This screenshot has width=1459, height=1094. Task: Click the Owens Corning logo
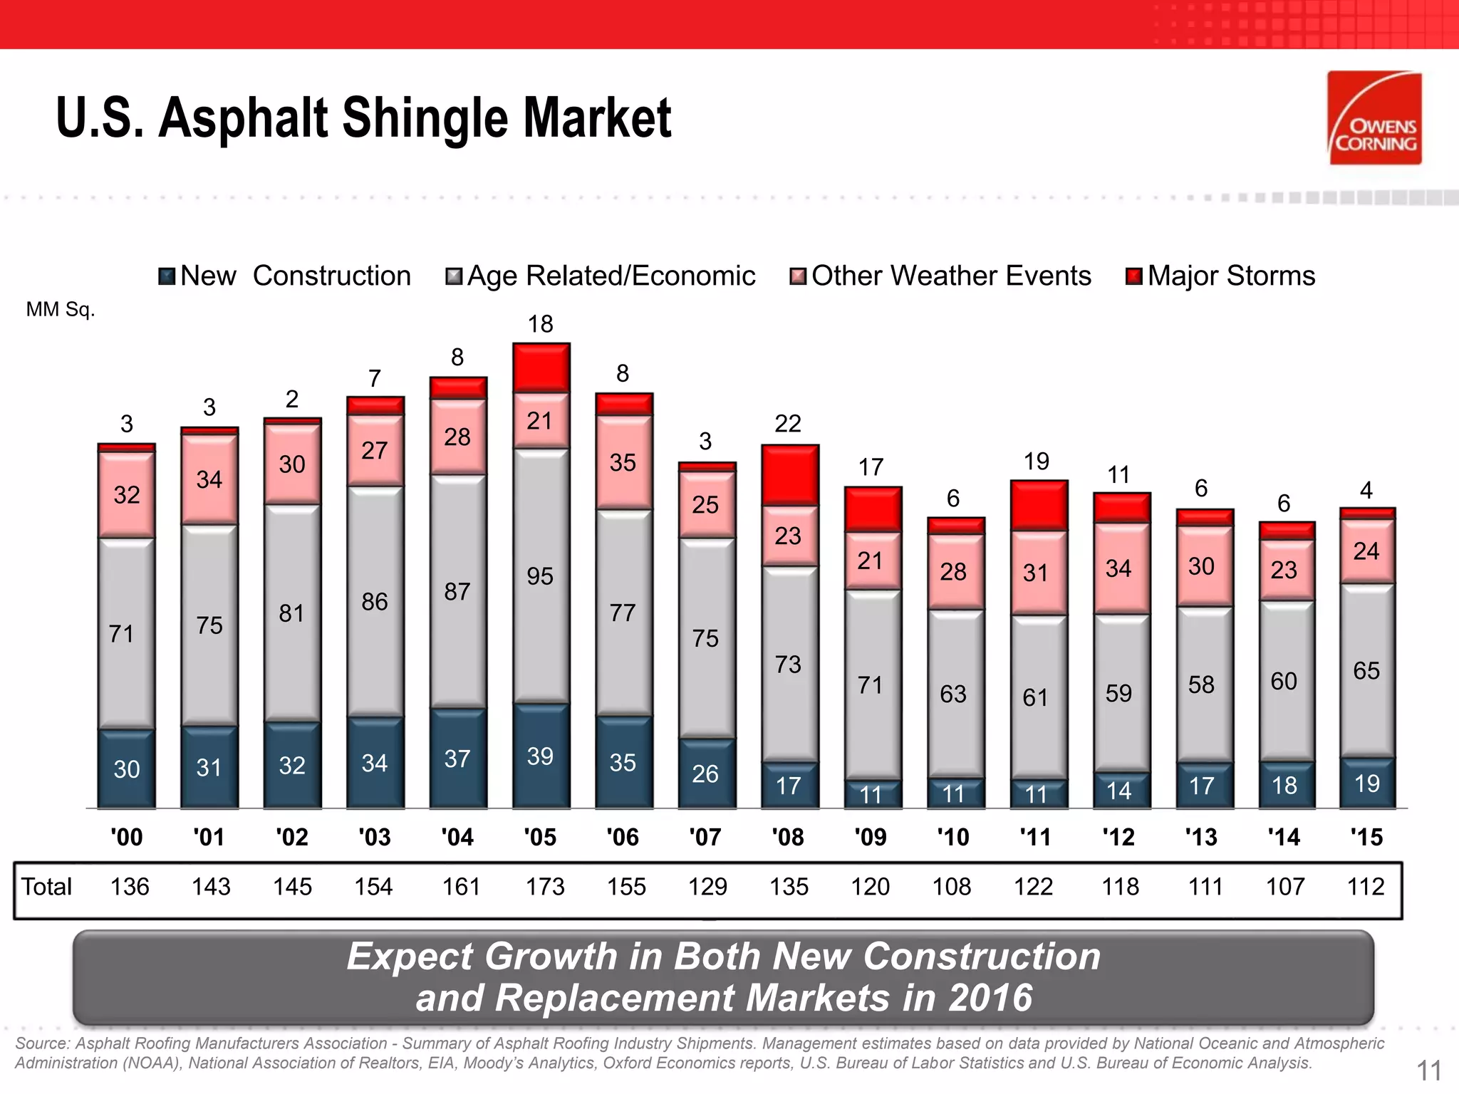tap(1374, 118)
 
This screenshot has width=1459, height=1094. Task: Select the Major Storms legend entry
tap(1220, 276)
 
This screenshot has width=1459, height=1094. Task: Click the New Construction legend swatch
tap(167, 276)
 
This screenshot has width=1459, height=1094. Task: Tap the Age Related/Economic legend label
tap(611, 276)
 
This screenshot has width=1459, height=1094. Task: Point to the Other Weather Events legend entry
tap(941, 276)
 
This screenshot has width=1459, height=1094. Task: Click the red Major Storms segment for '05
tap(541, 368)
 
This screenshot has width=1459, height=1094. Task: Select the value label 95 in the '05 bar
tap(540, 575)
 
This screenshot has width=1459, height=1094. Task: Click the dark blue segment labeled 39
tap(540, 756)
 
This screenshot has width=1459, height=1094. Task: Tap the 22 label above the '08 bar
tap(788, 424)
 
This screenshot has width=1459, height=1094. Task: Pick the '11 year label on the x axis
tap(1035, 837)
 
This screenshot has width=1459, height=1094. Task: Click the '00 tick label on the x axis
tap(127, 837)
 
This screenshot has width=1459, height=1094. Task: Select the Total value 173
tap(545, 887)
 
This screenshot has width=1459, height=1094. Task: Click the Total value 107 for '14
tap(1285, 887)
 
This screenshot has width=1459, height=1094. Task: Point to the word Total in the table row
tap(46, 887)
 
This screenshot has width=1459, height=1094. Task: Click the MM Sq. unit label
tap(61, 310)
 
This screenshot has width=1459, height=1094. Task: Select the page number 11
tap(1428, 1070)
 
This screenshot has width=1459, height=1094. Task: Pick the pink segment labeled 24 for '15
tap(1366, 551)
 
